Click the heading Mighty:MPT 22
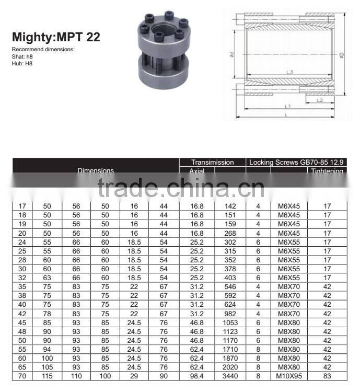pyautogui.click(x=56, y=38)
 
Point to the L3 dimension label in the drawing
pyautogui.click(x=289, y=72)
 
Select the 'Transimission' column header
pyautogui.click(x=212, y=163)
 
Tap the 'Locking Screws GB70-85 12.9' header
pyautogui.click(x=297, y=163)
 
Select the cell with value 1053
pyautogui.click(x=229, y=322)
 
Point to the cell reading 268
pyautogui.click(x=229, y=233)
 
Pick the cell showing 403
pyautogui.click(x=229, y=278)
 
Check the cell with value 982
pyautogui.click(x=229, y=314)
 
